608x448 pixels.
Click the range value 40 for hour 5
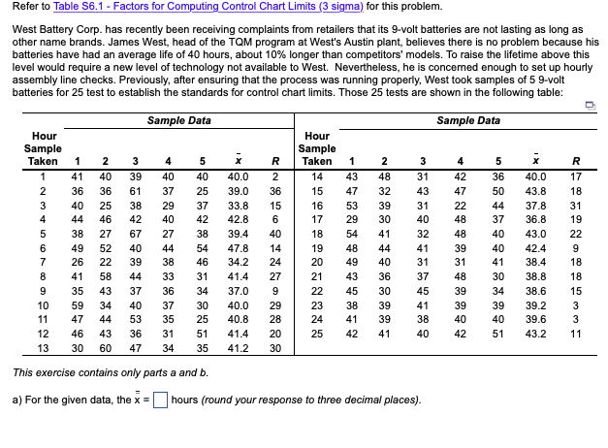click(274, 234)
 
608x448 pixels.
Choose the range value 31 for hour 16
click(576, 206)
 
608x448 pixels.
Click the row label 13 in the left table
click(42, 348)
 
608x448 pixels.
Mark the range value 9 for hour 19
click(576, 248)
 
